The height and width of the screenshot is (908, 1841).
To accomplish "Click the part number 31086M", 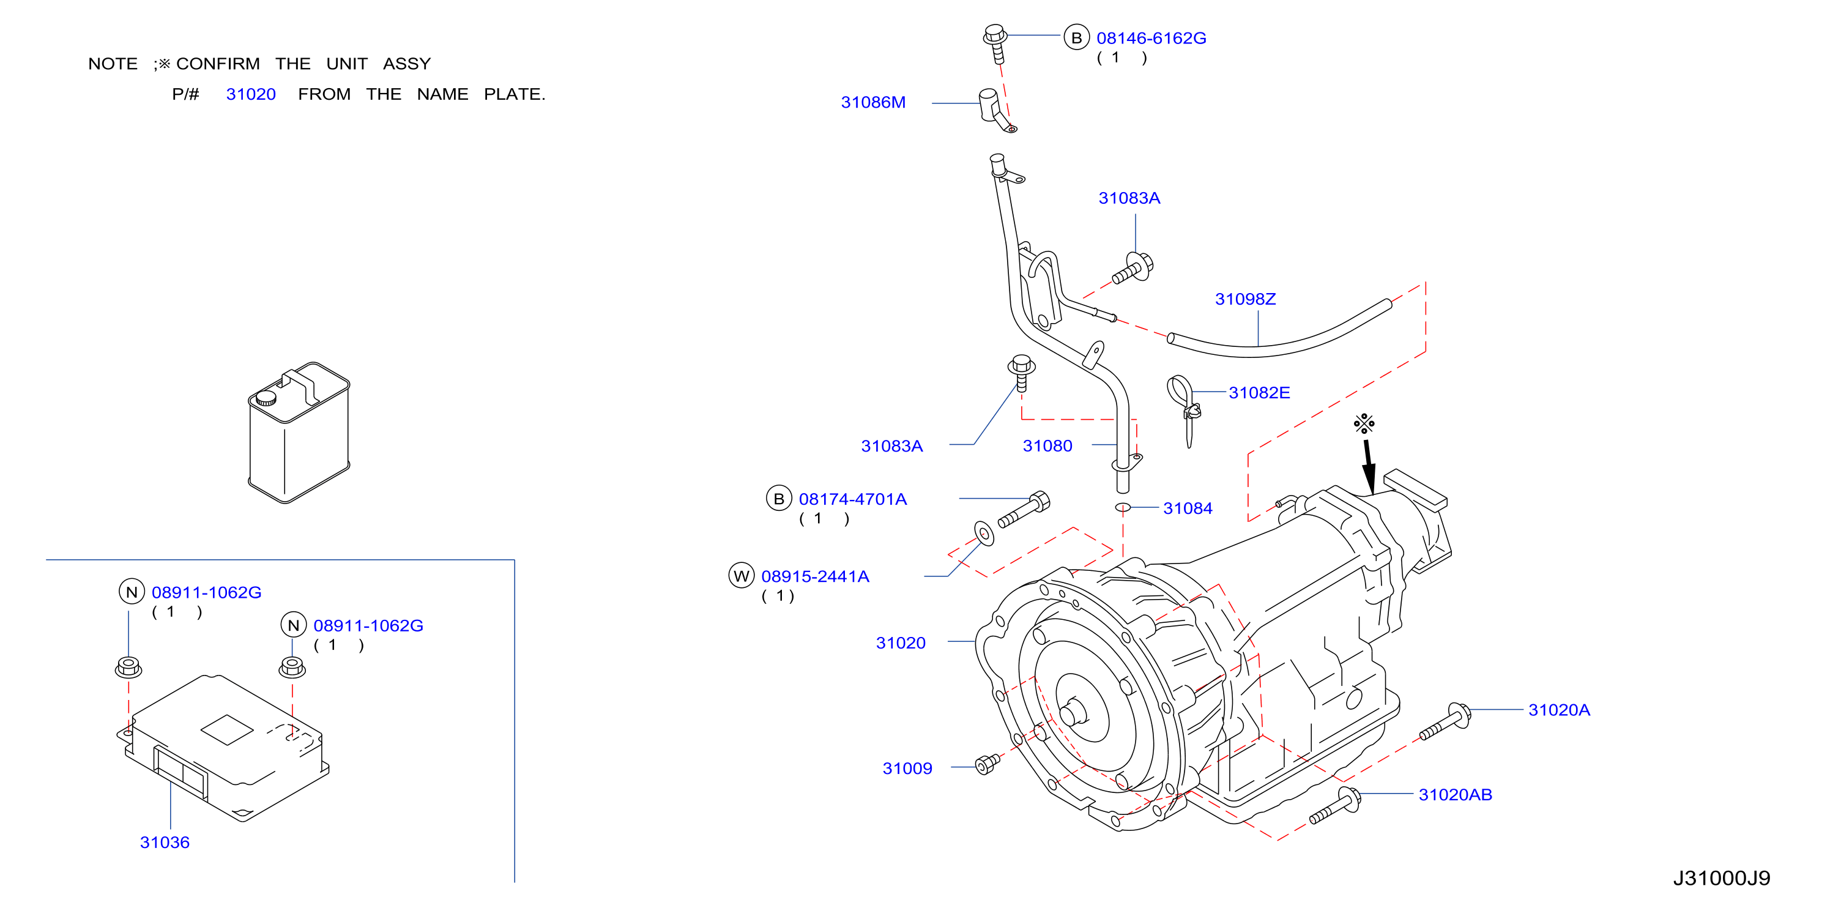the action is click(x=872, y=102).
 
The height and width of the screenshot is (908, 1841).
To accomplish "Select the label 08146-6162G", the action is click(x=1151, y=38).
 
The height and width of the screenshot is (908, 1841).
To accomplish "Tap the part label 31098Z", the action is click(x=1245, y=299).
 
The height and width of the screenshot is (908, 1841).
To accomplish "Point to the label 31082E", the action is click(x=1259, y=393).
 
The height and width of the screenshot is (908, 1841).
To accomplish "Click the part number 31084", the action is click(x=1187, y=508).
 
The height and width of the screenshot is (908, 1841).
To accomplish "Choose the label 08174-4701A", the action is click(x=853, y=499).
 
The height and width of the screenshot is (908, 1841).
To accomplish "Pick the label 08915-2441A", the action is click(x=815, y=576).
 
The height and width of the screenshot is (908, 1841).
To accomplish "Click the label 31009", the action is click(x=907, y=768).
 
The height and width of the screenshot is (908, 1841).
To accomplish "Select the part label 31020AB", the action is click(x=1455, y=794).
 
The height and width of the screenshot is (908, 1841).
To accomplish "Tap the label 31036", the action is click(x=165, y=842).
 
